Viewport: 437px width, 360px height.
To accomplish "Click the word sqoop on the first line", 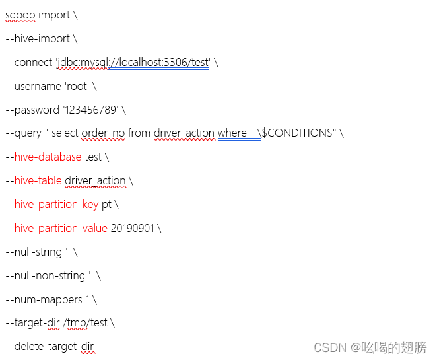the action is [x=20, y=15].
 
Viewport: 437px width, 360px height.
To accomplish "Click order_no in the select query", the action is [x=103, y=133].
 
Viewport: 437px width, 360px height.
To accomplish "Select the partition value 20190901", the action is [x=133, y=229].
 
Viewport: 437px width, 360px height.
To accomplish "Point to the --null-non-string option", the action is [x=45, y=276].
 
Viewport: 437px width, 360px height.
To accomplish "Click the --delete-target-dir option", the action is [x=50, y=347].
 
